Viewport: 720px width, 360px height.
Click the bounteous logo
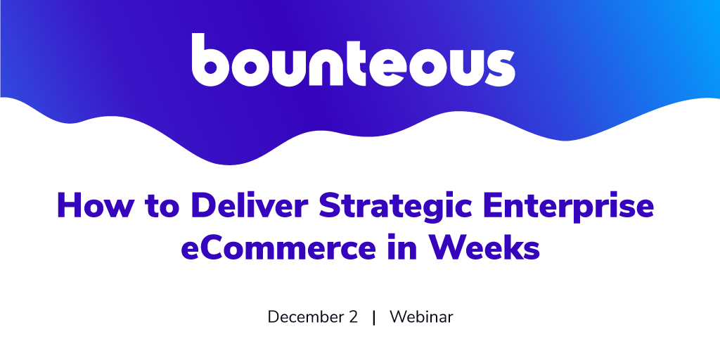tap(353, 60)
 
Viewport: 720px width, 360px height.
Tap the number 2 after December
tap(353, 317)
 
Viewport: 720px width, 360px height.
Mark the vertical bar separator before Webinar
tap(374, 318)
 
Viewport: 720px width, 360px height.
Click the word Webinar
tap(422, 317)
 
